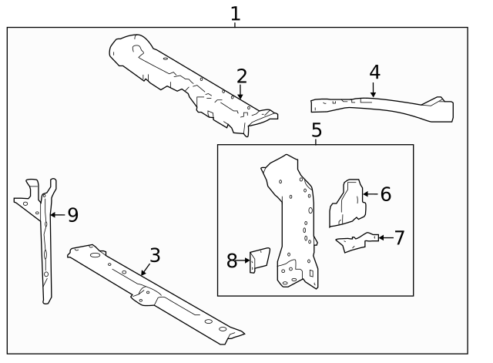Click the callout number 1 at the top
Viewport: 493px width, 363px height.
coord(236,13)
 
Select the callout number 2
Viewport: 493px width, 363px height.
coord(242,76)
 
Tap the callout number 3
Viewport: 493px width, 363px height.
coord(155,255)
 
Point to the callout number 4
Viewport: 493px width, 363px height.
coord(374,72)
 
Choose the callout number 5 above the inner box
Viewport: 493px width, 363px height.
coord(317,129)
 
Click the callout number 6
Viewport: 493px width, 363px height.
coord(386,194)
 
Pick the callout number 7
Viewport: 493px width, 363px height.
coord(399,237)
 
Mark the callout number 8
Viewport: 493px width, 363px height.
coord(232,261)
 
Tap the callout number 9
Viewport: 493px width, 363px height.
coord(73,215)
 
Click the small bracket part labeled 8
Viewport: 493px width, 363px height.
coord(260,260)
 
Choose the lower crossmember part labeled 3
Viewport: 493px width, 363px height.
coord(154,293)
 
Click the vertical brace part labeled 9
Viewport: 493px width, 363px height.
coord(45,239)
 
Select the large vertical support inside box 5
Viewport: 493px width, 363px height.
coord(293,224)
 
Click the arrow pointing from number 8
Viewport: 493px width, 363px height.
coord(244,261)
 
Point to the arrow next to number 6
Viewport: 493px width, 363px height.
coord(370,194)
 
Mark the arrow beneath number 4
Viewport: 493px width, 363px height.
coord(373,90)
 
